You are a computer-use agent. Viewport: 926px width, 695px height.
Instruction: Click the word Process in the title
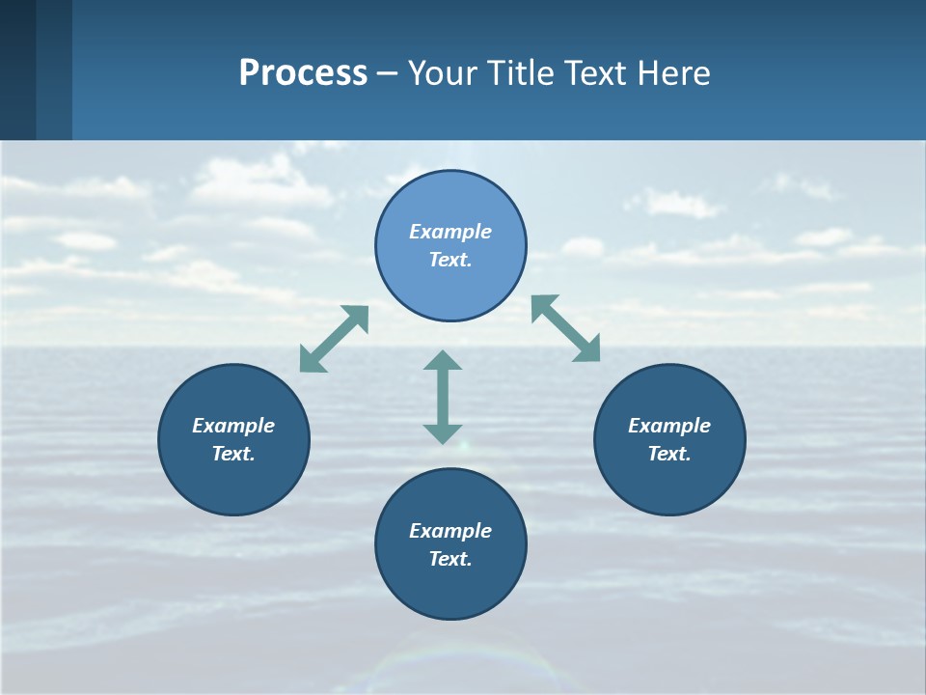pos(303,73)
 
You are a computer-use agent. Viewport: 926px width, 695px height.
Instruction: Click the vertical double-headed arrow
pos(443,397)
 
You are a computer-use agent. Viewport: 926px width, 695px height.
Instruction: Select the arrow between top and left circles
pos(335,339)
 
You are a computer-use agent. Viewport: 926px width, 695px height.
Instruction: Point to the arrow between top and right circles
pos(566,328)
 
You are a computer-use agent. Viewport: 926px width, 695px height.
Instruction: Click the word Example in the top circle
pos(450,232)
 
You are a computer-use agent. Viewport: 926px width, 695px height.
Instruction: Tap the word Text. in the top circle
pos(450,260)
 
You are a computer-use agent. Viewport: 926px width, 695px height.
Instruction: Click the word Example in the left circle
pos(233,426)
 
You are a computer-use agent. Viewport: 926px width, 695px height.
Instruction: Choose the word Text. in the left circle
pos(233,454)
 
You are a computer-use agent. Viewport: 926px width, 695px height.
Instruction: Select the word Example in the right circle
pos(669,426)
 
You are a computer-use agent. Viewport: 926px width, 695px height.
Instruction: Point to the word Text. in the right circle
pos(669,454)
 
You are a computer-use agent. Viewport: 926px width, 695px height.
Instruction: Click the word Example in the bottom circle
pos(450,531)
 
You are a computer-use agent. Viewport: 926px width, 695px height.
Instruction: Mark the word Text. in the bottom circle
pos(450,559)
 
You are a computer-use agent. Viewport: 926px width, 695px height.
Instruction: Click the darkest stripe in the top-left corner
pos(17,69)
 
